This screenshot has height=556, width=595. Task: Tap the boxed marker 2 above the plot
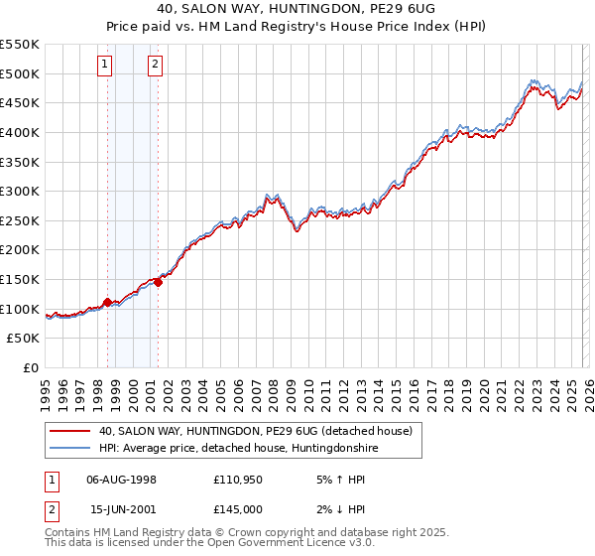click(x=156, y=67)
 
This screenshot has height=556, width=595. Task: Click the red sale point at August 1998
click(x=107, y=302)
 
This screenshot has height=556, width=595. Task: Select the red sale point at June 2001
click(x=158, y=282)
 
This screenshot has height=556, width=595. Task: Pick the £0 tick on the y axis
click(x=32, y=367)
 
